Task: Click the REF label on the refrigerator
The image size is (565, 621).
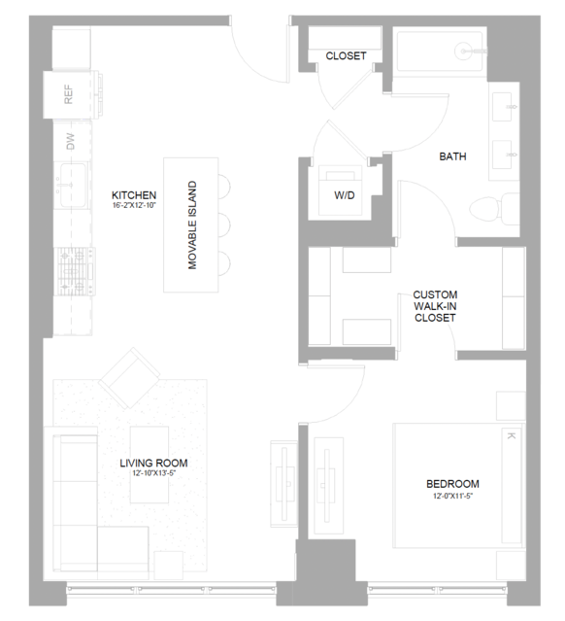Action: tap(69, 94)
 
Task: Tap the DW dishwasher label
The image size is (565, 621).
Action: tap(71, 141)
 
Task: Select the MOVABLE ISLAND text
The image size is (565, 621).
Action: tap(192, 224)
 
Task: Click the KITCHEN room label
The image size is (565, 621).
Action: tap(134, 195)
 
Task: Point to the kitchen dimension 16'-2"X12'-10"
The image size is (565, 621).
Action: tap(134, 205)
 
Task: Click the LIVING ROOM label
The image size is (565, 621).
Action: tap(153, 463)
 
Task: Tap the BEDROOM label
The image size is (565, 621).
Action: tap(452, 484)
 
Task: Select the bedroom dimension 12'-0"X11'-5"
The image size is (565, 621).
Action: tap(453, 496)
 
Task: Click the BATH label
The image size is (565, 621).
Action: tap(452, 156)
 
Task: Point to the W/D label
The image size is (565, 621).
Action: tap(345, 195)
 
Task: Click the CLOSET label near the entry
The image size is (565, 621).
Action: tap(346, 55)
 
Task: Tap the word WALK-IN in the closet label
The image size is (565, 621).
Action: tap(435, 306)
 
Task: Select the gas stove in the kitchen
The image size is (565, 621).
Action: tap(75, 271)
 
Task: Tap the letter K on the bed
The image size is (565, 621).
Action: tap(511, 436)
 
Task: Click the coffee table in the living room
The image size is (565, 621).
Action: tap(150, 465)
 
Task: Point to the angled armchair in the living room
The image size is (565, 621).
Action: tap(129, 377)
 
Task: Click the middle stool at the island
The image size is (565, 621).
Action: tap(224, 224)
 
